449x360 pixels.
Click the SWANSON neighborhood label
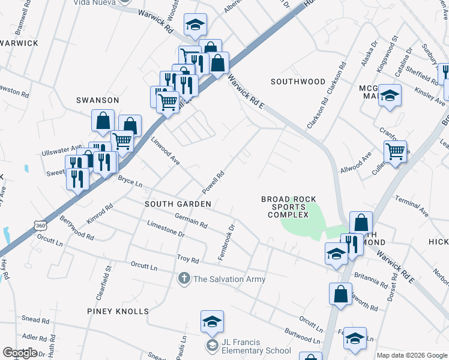(x=97, y=100)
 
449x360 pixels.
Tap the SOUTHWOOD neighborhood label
(x=298, y=82)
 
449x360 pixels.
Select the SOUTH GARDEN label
(x=178, y=204)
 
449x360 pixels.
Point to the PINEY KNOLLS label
(x=117, y=311)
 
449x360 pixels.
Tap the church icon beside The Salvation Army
(x=184, y=279)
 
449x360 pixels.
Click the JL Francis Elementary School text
(x=249, y=346)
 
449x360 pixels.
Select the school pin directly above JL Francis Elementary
(x=212, y=323)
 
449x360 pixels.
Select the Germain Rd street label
(x=191, y=221)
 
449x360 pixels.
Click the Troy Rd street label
(x=187, y=260)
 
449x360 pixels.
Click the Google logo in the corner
(x=20, y=353)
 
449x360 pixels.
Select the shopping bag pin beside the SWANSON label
(x=103, y=121)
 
